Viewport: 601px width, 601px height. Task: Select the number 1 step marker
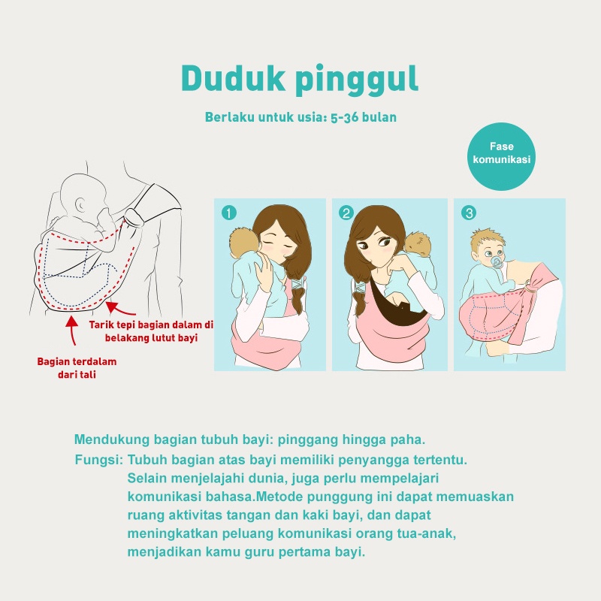(228, 213)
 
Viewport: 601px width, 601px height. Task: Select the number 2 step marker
(346, 213)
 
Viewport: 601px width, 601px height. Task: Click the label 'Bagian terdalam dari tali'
(77, 368)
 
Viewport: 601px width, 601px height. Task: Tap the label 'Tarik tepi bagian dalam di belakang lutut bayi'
(152, 331)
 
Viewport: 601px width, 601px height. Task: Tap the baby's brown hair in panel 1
(242, 240)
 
